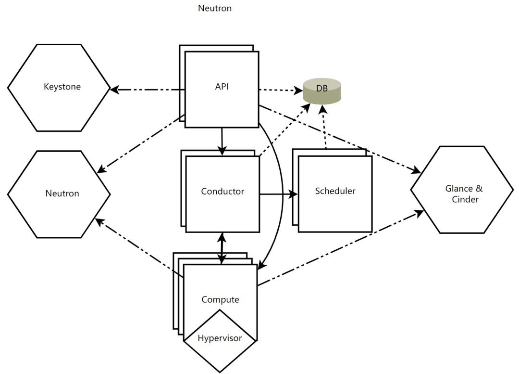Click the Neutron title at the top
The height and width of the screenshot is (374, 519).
tap(215, 8)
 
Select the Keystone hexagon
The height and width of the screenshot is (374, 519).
tap(59, 88)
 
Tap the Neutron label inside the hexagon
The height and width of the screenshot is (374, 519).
tap(62, 193)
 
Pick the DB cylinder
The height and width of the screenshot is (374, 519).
tap(322, 91)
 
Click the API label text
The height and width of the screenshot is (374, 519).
tap(222, 87)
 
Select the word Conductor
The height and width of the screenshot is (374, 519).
tap(222, 191)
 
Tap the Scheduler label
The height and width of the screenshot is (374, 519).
tap(335, 191)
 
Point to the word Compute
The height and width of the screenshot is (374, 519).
tap(220, 299)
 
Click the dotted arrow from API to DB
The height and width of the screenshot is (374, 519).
tap(281, 90)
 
